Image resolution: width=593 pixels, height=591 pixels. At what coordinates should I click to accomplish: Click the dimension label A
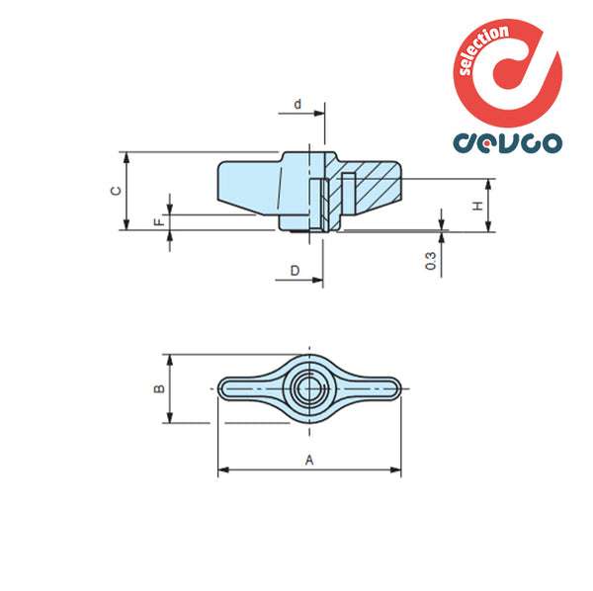[309, 460]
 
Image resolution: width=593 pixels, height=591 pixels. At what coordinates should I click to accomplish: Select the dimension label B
[158, 389]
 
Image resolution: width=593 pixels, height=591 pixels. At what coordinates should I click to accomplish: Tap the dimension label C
[116, 191]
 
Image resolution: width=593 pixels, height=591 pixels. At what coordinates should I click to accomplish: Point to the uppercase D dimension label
[295, 270]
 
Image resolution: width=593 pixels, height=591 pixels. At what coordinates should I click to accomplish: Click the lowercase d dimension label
[297, 103]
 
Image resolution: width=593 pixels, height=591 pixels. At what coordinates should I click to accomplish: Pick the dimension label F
[158, 222]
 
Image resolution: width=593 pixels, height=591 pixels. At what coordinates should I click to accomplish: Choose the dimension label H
[477, 206]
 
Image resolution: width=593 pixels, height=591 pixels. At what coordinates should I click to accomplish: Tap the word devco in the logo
[507, 142]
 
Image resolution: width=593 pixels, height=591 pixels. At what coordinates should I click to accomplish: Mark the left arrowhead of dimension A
[221, 470]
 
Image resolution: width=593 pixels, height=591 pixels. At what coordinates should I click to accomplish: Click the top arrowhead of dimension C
[127, 156]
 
